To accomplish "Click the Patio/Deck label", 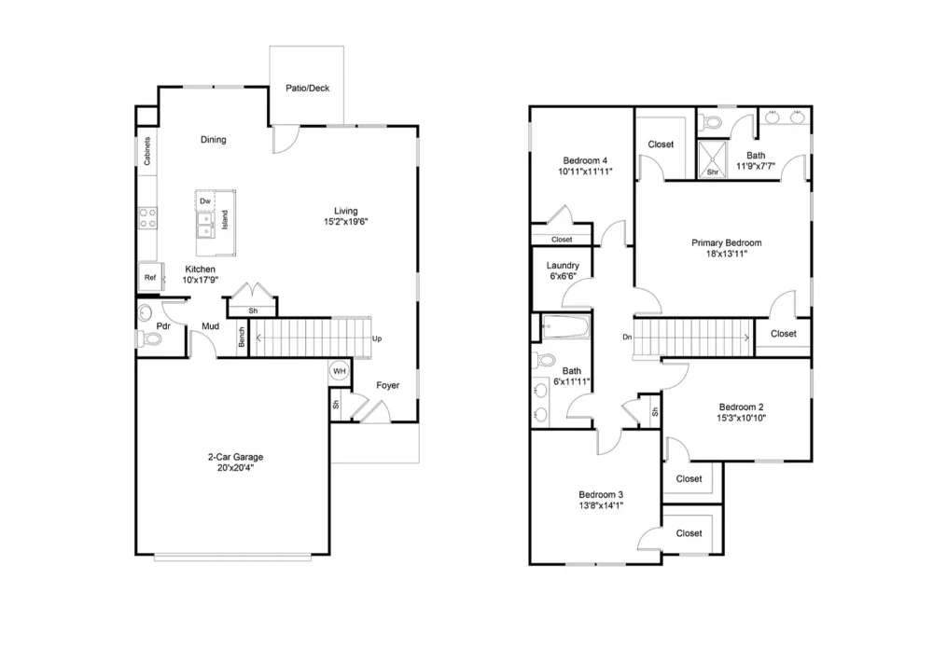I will [307, 89].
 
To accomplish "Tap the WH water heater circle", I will [340, 372].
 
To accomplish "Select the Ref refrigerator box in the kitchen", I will [149, 277].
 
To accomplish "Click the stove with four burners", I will [147, 218].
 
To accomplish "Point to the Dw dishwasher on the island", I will [204, 200].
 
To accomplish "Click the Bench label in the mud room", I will [241, 338].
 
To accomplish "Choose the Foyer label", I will [389, 385].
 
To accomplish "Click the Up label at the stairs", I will [377, 338].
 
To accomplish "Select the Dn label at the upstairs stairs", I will [627, 337].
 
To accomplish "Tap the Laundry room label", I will [563, 266].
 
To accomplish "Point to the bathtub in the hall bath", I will [565, 328].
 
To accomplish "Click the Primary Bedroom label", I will [726, 242].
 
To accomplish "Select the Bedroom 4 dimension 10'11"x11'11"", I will [585, 172].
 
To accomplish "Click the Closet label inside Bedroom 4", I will [562, 240].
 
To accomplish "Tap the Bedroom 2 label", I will [741, 407].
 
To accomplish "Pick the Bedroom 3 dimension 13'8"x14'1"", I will [601, 505].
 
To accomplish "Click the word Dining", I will [214, 140].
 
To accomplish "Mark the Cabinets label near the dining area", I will [147, 152].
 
